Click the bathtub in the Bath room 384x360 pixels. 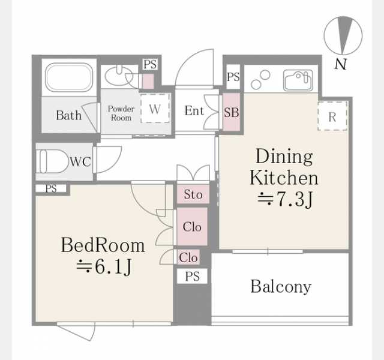[x=70, y=77]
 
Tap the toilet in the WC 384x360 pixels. [x=52, y=161]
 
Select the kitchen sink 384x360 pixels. [x=298, y=80]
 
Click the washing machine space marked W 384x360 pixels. [x=155, y=108]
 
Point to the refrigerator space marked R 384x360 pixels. [x=332, y=116]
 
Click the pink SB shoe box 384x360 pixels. [x=231, y=112]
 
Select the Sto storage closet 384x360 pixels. [x=193, y=194]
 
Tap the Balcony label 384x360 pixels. [x=281, y=286]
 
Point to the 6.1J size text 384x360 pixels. [x=104, y=267]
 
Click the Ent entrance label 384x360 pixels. [x=194, y=110]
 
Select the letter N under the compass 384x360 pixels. [x=341, y=64]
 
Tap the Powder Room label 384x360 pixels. [x=121, y=113]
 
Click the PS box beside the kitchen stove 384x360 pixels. [x=233, y=77]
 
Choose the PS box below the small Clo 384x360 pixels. [x=192, y=276]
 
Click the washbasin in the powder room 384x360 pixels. [x=119, y=75]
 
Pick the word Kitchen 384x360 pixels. [x=284, y=178]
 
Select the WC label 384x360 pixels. [x=80, y=161]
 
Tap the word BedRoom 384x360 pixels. [x=103, y=245]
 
